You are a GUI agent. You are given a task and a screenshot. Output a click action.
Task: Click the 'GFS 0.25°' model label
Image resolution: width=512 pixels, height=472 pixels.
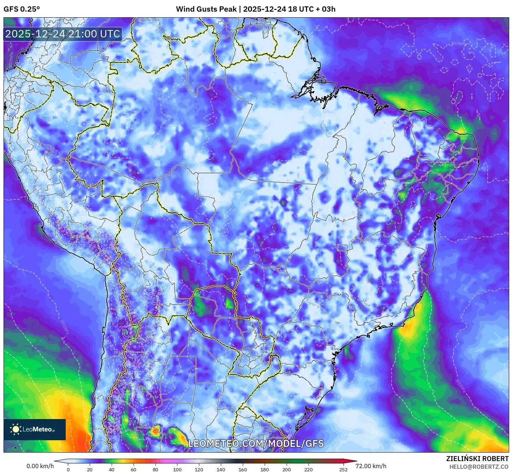tap(22, 9)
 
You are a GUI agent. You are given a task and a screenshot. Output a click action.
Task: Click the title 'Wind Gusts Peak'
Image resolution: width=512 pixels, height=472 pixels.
tap(206, 9)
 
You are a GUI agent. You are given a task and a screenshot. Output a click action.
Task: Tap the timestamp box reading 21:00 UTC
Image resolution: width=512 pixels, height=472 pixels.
tap(63, 34)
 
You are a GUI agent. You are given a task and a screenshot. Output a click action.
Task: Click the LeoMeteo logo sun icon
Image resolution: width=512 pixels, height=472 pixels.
tap(16, 429)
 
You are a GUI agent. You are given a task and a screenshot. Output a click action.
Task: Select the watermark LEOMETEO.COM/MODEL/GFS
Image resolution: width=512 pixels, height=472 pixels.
tap(256, 443)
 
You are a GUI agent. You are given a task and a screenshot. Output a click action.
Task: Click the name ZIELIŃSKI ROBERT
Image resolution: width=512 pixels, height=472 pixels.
tap(477, 459)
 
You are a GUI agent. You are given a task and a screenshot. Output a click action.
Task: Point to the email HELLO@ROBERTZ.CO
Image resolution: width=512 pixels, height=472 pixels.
tap(479, 467)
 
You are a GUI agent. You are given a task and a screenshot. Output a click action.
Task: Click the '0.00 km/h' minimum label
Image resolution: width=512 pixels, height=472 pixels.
tap(40, 466)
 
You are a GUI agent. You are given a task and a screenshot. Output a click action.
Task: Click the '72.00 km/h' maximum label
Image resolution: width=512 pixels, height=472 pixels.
tap(371, 466)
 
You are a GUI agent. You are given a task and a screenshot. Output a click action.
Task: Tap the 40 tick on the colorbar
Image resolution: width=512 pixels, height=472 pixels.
tap(112, 469)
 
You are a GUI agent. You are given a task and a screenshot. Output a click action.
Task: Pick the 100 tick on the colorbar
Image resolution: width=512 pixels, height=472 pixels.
tap(177, 469)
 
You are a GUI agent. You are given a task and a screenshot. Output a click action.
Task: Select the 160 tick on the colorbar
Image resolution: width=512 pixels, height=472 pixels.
tap(243, 469)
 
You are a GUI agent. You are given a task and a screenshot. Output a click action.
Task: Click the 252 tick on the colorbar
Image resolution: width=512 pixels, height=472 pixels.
tap(343, 469)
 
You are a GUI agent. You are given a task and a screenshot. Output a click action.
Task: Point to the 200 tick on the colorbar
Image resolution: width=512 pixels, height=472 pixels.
tap(287, 469)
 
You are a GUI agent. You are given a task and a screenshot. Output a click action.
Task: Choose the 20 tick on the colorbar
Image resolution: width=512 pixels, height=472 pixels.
tap(90, 469)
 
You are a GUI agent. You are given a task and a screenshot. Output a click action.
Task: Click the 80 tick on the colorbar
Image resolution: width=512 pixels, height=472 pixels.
tap(155, 469)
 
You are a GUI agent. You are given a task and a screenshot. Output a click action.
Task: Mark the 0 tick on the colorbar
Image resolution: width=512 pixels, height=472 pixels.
tap(68, 469)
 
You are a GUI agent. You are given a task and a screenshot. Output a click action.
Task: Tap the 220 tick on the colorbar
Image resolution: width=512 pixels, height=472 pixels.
tap(308, 469)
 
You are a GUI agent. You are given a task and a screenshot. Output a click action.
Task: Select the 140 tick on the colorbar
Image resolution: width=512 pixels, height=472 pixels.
tap(221, 469)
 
